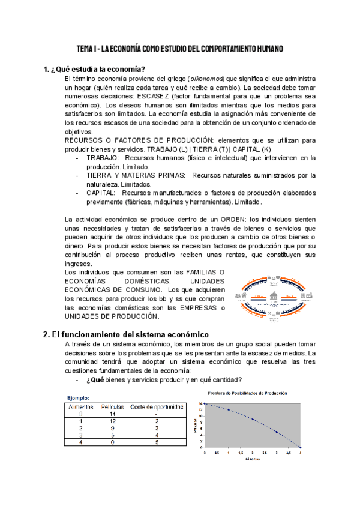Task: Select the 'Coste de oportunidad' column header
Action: (x=157, y=406)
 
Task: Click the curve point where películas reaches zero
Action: (x=300, y=448)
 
